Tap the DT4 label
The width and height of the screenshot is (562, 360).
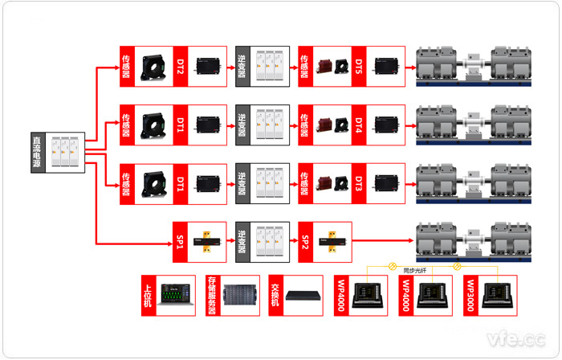pyautogui.click(x=359, y=125)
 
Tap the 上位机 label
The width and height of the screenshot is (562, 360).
pyautogui.click(x=148, y=295)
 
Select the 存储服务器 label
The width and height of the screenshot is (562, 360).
pyautogui.click(x=212, y=295)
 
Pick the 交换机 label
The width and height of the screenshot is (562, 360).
pyautogui.click(x=276, y=295)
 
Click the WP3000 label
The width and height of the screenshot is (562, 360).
pyautogui.click(x=470, y=295)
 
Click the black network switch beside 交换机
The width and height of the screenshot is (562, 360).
pyautogui.click(x=301, y=296)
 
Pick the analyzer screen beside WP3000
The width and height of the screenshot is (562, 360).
pyautogui.click(x=496, y=295)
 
